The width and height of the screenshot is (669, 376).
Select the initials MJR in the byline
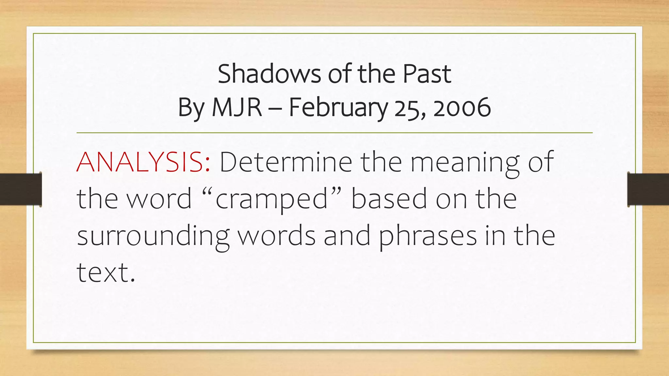237,108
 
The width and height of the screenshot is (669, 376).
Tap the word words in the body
276,236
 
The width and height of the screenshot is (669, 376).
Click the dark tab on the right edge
648,189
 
